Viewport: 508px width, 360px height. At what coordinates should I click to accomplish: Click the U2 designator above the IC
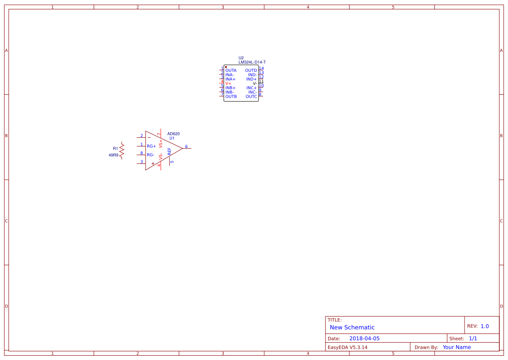click(241, 58)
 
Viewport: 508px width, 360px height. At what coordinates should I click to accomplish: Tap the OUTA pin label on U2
click(231, 70)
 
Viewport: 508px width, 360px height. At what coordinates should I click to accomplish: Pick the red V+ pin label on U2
click(228, 83)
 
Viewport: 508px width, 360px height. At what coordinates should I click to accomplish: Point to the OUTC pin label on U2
click(251, 97)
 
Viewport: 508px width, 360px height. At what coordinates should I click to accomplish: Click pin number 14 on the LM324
click(261, 68)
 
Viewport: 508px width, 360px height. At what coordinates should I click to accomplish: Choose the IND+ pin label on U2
click(251, 79)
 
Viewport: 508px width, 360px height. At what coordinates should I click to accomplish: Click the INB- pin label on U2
click(229, 92)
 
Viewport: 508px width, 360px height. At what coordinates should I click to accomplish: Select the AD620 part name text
click(173, 134)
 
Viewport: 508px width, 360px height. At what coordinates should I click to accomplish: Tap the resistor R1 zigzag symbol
click(122, 150)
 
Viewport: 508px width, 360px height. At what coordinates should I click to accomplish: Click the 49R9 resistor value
click(113, 155)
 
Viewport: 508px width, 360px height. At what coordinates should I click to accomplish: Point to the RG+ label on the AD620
click(151, 146)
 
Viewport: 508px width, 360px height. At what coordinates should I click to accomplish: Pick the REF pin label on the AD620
click(169, 151)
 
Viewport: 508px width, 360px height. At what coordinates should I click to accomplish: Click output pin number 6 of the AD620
click(186, 147)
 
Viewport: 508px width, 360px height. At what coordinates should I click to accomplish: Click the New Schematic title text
click(352, 327)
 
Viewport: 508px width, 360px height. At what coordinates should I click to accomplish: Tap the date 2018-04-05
click(364, 338)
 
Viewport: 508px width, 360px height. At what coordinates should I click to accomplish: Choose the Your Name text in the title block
click(457, 347)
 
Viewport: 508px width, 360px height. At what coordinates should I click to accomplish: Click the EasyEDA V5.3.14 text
click(347, 347)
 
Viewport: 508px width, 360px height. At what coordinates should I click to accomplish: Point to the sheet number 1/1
click(473, 338)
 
